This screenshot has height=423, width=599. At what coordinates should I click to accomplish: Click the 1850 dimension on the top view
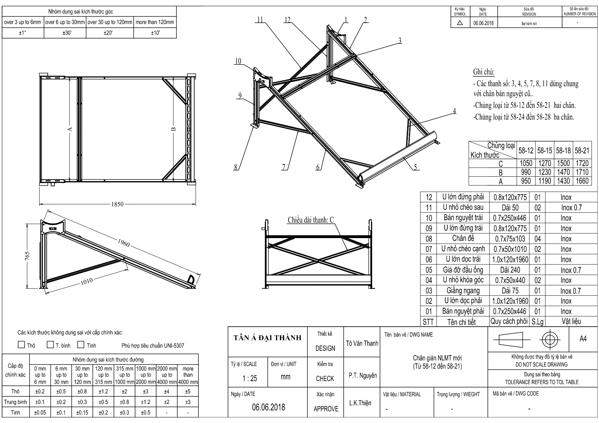117,204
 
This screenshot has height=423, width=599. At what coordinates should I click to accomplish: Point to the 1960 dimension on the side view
124,243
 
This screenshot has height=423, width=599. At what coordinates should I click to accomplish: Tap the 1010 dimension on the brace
87,282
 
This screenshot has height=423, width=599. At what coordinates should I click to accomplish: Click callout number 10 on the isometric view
238,61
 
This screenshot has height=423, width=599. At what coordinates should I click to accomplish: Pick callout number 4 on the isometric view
454,111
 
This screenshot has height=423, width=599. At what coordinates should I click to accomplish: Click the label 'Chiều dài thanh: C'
310,220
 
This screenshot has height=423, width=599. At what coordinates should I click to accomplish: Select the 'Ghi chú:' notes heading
484,72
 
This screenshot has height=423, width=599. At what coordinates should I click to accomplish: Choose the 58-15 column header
544,150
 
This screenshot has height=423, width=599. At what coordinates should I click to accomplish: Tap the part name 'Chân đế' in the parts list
463,238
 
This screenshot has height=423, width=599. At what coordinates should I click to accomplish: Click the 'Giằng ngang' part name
463,291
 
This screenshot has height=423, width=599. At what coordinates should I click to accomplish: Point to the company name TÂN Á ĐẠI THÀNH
268,338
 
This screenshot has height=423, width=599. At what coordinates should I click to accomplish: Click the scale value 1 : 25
249,378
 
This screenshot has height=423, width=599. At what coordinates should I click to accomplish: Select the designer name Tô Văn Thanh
362,344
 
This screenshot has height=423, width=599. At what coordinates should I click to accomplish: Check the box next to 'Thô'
22,345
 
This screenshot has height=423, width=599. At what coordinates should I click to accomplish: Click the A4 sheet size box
583,339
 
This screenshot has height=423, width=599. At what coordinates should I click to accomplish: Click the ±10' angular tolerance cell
155,33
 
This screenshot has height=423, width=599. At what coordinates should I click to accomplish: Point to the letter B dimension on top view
173,129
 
